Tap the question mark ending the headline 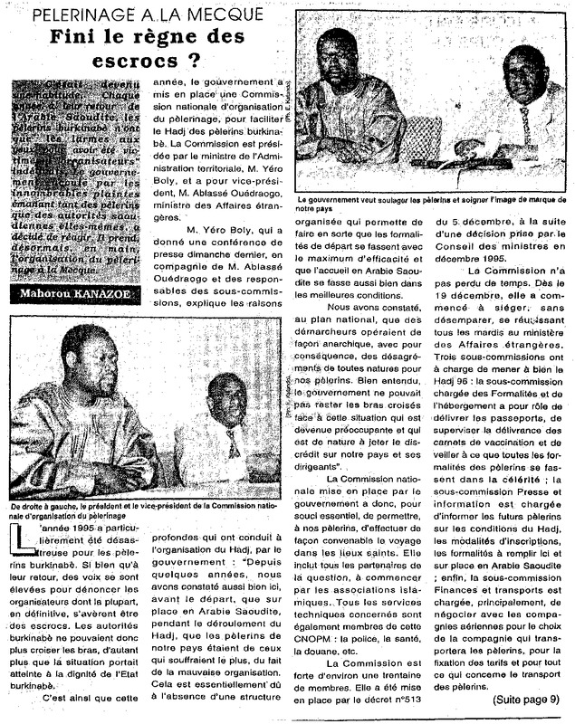[x=195, y=63]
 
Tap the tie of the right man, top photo [x=525, y=121]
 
